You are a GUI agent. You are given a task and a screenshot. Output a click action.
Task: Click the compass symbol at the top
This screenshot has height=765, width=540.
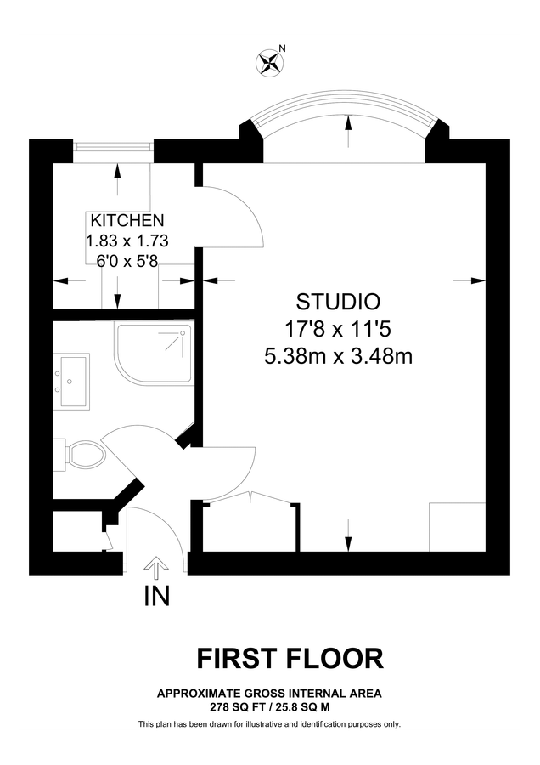click(271, 60)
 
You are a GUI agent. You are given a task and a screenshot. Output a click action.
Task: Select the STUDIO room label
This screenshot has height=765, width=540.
click(337, 301)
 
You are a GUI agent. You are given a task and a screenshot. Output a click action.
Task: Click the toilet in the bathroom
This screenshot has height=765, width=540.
click(85, 455)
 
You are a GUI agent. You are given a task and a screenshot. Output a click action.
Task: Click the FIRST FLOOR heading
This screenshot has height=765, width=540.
click(290, 658)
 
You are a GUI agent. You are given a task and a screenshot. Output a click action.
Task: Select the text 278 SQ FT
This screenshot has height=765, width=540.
click(233, 706)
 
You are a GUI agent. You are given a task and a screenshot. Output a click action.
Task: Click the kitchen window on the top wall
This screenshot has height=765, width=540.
click(114, 148)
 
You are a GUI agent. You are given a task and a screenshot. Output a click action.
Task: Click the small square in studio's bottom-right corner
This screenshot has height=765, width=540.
click(457, 527)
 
